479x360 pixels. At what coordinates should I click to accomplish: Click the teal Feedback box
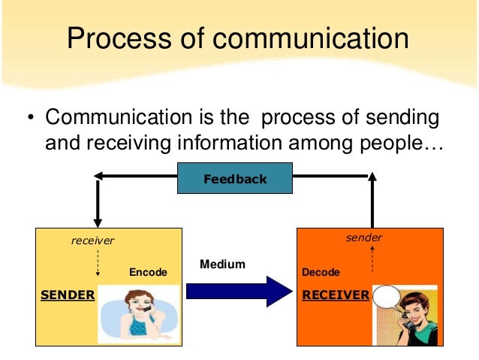[235, 179]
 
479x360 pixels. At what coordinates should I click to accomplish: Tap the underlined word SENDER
[68, 295]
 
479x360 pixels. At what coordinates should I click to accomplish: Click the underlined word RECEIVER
[336, 295]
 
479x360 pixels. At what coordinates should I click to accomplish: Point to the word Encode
[148, 272]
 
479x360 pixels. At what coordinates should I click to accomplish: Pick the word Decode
[321, 272]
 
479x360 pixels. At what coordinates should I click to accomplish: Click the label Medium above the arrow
[222, 265]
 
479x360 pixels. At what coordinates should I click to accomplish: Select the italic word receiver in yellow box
[92, 241]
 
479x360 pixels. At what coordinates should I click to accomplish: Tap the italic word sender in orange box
[364, 237]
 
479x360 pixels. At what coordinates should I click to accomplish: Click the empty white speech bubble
[390, 298]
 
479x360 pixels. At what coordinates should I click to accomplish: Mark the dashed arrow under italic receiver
[98, 263]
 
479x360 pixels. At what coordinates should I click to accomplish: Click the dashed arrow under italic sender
[372, 259]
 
